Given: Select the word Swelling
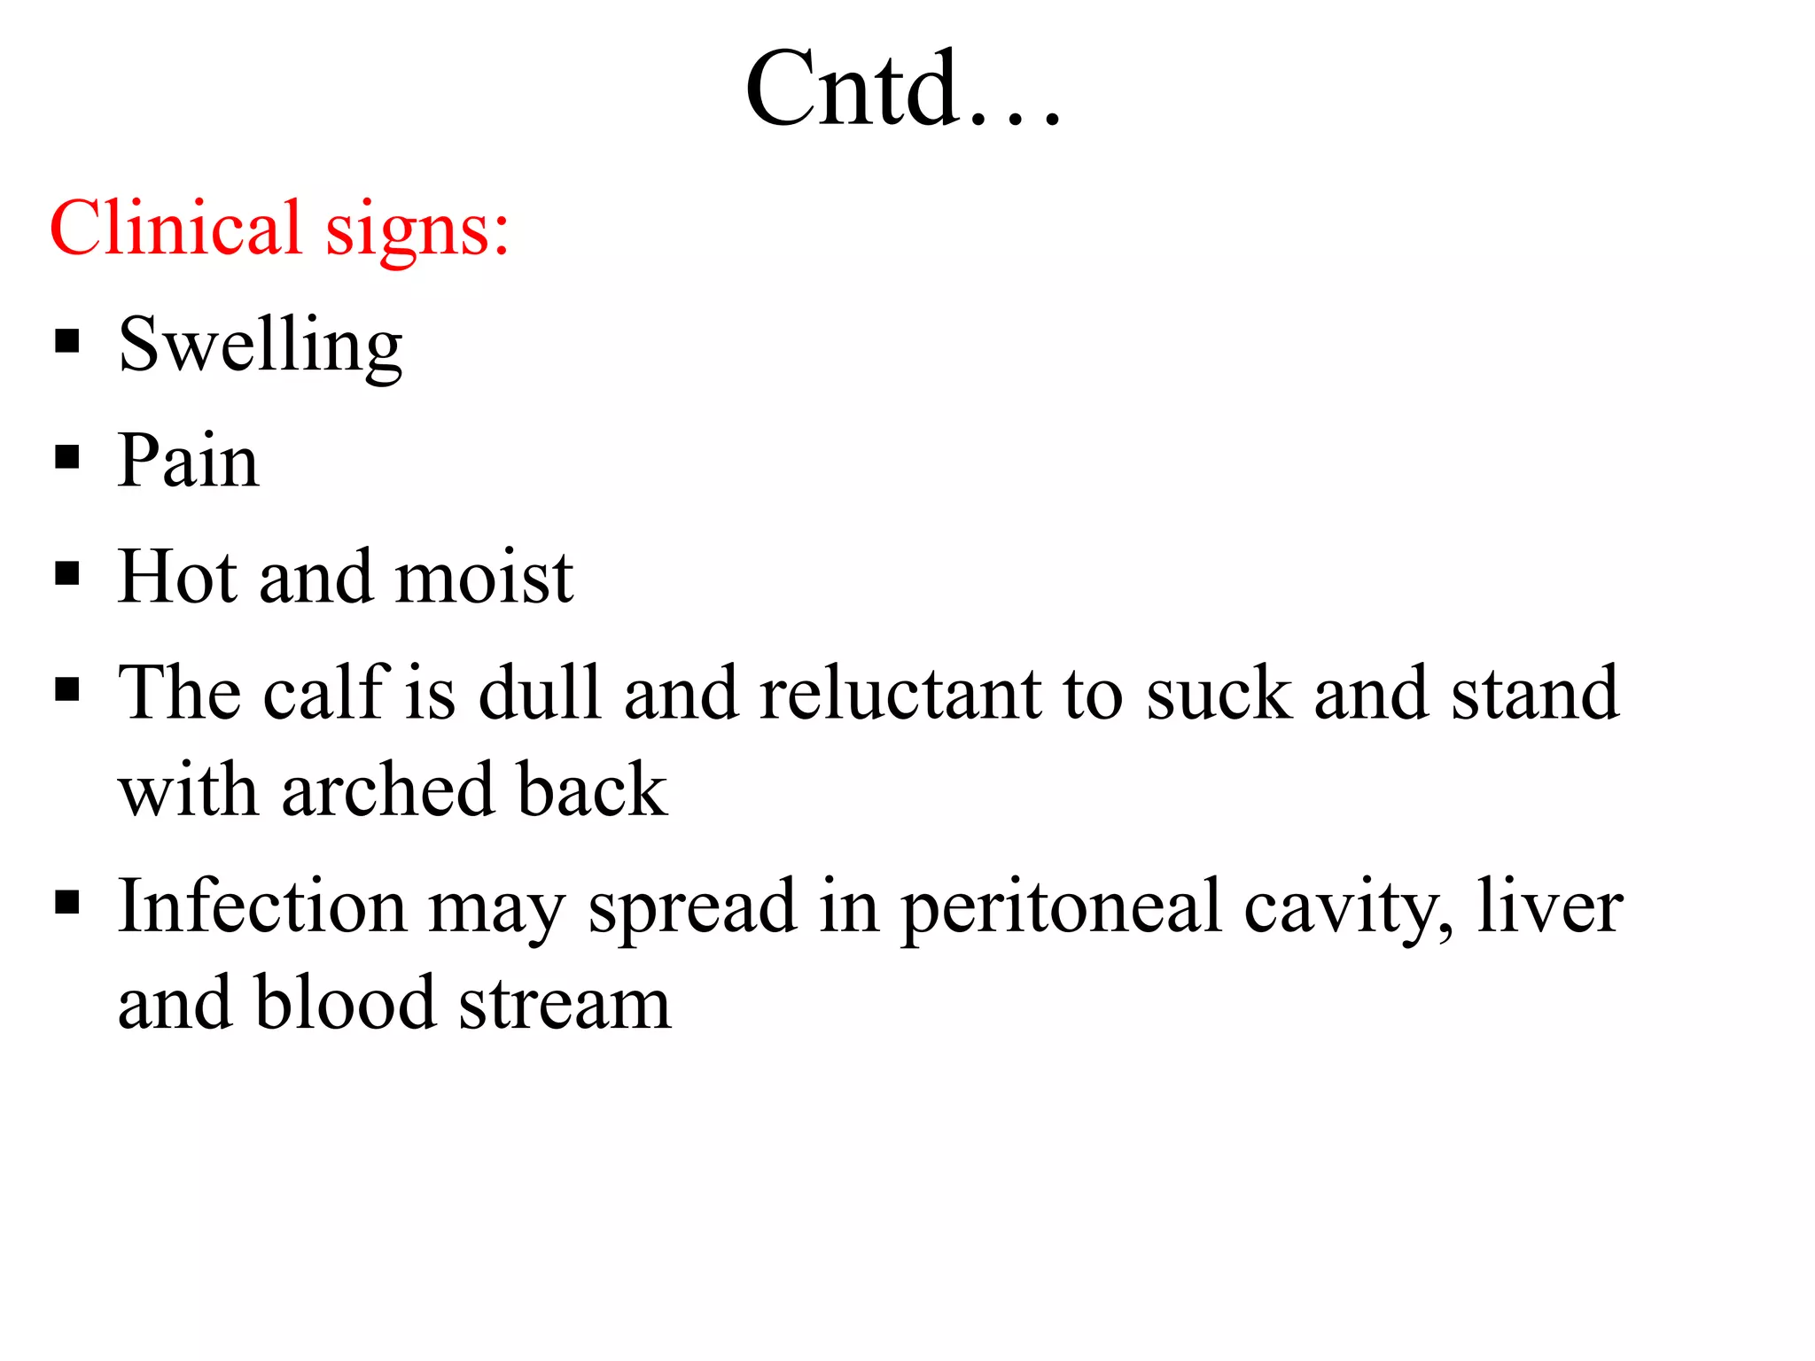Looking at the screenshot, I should [261, 346].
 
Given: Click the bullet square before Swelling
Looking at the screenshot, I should [67, 341].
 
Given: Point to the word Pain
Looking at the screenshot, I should [189, 461].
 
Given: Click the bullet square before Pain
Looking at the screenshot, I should [67, 457].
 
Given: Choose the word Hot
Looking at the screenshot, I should [180, 577].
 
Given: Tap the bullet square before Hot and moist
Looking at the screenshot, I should [67, 573].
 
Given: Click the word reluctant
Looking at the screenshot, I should [900, 692].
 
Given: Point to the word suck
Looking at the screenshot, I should [1219, 692].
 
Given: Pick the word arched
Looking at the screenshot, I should [387, 789].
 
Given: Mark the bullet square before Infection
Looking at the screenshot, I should [67, 903].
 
